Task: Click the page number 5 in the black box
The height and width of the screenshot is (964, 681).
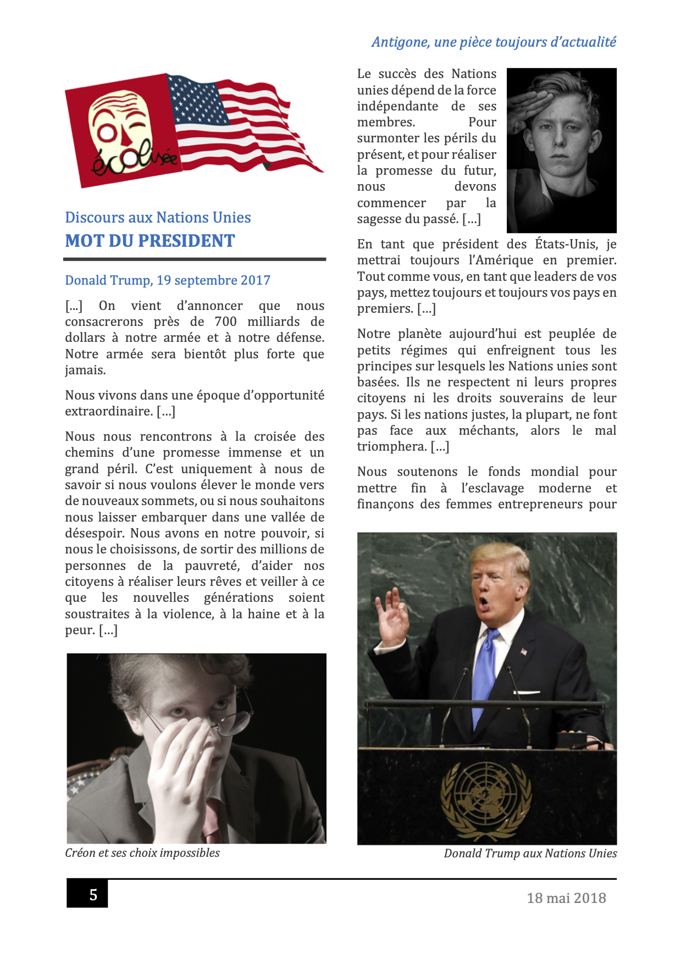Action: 93,895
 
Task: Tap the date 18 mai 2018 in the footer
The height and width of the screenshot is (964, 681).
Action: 566,898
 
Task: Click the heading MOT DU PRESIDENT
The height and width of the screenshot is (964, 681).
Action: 150,241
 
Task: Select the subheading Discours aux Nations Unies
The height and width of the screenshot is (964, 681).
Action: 158,218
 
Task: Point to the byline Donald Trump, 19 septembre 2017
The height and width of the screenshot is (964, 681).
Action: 168,280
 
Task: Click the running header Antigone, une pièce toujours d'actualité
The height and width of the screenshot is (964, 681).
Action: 494,42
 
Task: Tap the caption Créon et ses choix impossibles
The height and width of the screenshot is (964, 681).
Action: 142,853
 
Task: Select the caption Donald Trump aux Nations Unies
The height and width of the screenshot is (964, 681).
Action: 530,854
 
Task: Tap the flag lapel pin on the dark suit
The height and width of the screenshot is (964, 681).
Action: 524,651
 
